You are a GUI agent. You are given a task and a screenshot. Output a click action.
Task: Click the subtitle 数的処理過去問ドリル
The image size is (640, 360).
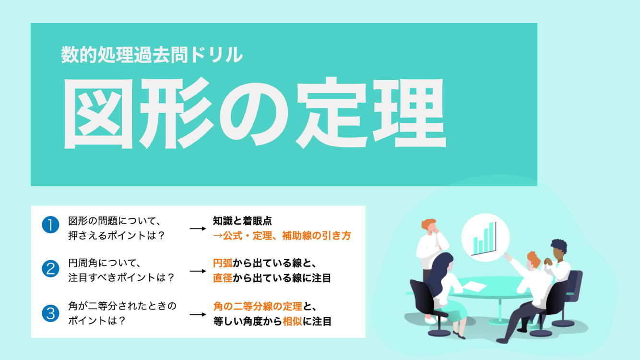tap(152, 54)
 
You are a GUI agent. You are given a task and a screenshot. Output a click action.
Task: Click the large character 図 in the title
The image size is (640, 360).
tap(98, 113)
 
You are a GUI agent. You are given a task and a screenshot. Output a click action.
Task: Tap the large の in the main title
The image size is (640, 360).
tap(253, 115)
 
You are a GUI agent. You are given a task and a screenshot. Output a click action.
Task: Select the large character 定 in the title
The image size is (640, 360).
tap(332, 113)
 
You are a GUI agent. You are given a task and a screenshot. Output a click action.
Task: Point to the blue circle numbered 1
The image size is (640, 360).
tap(50, 225)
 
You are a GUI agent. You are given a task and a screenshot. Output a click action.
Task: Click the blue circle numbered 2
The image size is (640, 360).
tap(50, 269)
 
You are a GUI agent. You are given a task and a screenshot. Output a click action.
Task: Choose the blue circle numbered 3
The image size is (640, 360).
tap(50, 313)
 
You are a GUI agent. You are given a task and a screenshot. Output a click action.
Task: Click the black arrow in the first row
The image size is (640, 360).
tap(198, 228)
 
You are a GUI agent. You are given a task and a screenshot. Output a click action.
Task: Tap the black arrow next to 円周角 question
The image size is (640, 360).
tap(198, 271)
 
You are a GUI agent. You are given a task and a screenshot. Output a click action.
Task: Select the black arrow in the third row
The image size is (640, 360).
tap(198, 314)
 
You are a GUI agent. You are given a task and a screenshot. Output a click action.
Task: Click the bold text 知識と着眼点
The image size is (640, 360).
tap(242, 221)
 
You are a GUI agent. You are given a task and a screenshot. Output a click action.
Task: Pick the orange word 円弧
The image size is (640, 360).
tap(223, 263)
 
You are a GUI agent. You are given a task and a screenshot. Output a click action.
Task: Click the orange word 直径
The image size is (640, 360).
tap(223, 278)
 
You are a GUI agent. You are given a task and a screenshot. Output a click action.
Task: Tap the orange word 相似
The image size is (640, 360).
tap(292, 322)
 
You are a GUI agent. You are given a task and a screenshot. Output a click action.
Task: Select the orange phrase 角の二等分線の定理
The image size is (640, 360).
tap(258, 307)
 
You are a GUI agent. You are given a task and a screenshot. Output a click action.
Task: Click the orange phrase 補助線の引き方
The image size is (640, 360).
tap(317, 236)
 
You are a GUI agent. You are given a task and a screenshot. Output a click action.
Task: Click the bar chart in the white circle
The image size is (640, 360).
tap(485, 238)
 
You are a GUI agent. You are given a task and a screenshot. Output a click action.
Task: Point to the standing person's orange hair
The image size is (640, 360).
tap(428, 224)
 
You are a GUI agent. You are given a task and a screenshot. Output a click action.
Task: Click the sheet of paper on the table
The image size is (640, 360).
tap(474, 286)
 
